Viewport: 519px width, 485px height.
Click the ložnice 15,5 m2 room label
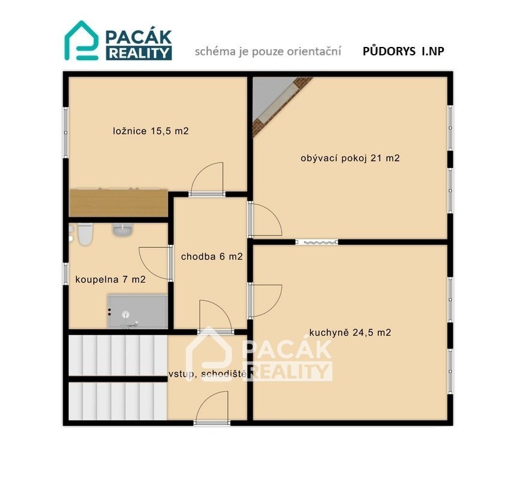(x=150, y=131)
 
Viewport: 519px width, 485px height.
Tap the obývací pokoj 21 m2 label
(x=350, y=158)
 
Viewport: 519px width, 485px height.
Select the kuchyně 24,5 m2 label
(x=350, y=332)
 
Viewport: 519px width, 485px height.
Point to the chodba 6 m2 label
(x=212, y=256)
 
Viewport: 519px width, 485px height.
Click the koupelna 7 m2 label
(x=111, y=279)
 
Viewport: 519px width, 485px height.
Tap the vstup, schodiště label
(x=208, y=374)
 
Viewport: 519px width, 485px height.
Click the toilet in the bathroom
(x=85, y=234)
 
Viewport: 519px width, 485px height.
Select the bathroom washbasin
(x=123, y=229)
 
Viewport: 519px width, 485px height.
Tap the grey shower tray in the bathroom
(x=137, y=311)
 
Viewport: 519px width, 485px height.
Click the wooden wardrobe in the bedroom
(x=118, y=203)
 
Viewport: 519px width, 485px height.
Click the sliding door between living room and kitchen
(x=317, y=242)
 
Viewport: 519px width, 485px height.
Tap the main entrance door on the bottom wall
(x=212, y=422)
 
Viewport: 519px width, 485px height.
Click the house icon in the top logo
(x=81, y=40)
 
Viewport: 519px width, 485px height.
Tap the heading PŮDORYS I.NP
(x=404, y=51)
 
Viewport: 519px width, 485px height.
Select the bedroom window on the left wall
(x=66, y=132)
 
